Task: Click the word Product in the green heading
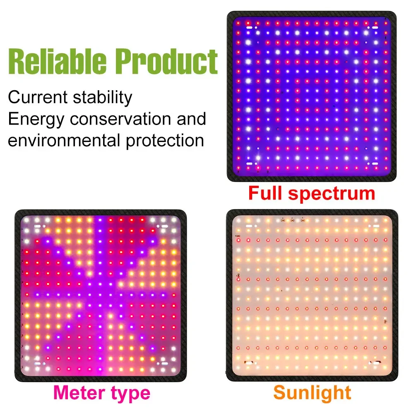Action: click(x=168, y=62)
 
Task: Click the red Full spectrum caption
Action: click(x=311, y=193)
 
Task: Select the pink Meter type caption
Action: click(x=102, y=392)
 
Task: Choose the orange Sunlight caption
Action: click(x=312, y=392)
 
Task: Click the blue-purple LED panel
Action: click(x=311, y=96)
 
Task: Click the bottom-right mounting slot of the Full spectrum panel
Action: click(x=375, y=164)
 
